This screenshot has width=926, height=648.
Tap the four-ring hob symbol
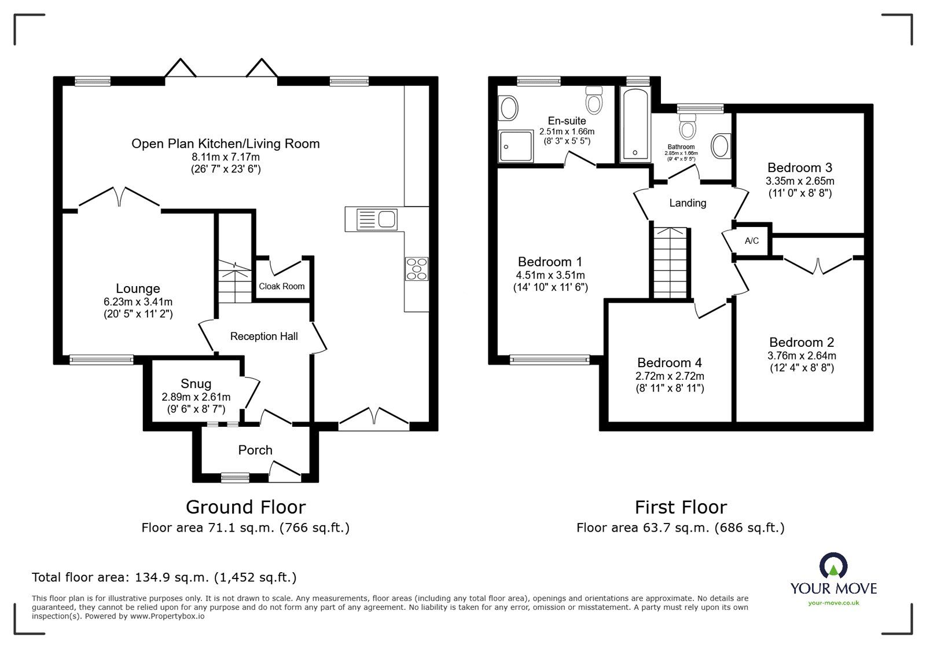[417, 269]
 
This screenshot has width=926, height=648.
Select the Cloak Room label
[282, 286]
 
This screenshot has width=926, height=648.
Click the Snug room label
[196, 384]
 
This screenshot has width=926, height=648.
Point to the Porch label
[255, 450]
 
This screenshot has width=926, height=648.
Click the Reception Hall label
[264, 336]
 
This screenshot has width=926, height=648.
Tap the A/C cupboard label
[751, 241]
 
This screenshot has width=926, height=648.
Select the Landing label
[688, 203]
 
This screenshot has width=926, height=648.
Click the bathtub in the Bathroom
[634, 124]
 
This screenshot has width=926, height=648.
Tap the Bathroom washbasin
[721, 146]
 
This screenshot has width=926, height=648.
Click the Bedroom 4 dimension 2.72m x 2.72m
[669, 376]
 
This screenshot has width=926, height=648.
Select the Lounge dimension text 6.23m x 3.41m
[138, 302]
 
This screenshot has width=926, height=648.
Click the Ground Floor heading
[245, 507]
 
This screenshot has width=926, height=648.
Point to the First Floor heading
[681, 507]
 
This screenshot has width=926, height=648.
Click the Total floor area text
[164, 577]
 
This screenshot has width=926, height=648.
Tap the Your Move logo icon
[833, 566]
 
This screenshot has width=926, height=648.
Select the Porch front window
[235, 478]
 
